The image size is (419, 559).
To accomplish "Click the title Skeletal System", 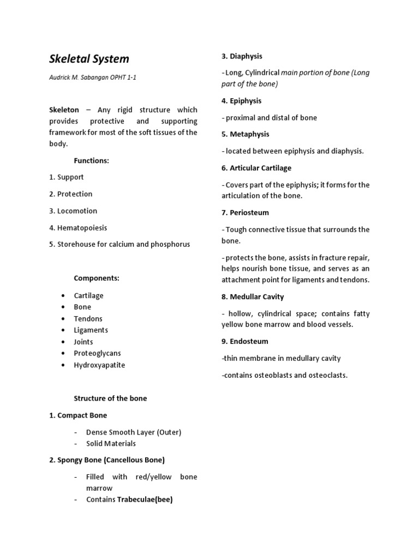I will (89, 59).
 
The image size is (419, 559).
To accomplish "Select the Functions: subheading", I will (92, 160).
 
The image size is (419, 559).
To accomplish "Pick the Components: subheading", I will (97, 278).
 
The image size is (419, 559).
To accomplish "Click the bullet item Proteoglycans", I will (98, 353).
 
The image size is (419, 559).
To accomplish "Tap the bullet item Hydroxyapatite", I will (99, 365).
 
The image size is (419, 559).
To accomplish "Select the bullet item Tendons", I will (88, 318).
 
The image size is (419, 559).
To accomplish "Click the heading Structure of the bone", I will (110, 399).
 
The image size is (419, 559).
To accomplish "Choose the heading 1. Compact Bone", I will (78, 415).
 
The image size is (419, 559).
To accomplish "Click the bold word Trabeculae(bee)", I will (145, 499).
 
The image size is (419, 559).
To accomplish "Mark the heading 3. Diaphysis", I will (242, 56).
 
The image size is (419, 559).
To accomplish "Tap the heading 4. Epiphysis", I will (241, 100).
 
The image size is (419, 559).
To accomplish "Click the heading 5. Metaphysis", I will (245, 134).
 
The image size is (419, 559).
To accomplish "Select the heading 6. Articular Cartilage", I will (256, 168).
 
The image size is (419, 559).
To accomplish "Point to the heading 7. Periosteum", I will (245, 212).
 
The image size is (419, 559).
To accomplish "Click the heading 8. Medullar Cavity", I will (253, 296).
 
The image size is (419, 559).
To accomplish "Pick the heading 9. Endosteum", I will (244, 341).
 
